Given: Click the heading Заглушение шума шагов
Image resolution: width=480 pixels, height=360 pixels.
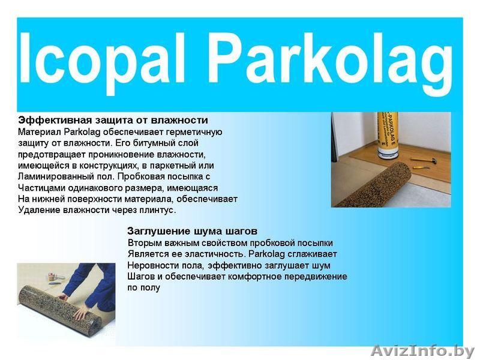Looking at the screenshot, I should [192, 230].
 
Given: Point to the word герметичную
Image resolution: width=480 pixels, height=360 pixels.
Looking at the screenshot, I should [194, 132].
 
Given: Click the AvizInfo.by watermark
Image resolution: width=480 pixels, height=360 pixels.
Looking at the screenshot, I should [422, 351].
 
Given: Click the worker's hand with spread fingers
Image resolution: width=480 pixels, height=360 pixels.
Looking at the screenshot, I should [79, 313].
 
